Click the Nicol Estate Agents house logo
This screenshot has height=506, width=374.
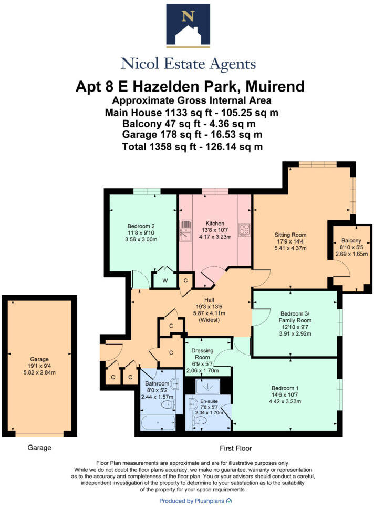(187, 26)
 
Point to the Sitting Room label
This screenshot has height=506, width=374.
(290, 235)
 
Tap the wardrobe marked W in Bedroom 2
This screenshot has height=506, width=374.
(165, 280)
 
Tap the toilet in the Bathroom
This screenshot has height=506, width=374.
(168, 404)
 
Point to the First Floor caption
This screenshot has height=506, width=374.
(235, 448)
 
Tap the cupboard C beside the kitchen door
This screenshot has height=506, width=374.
(185, 281)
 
